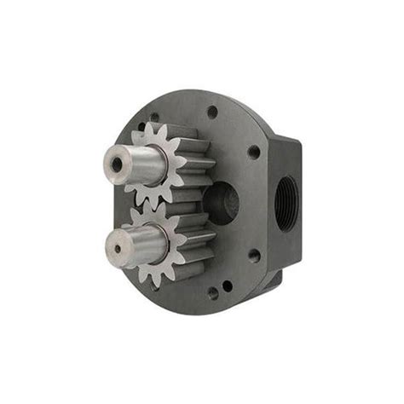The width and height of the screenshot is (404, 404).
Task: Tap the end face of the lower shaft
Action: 117,246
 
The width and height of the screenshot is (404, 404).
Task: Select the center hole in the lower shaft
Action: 117,247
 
